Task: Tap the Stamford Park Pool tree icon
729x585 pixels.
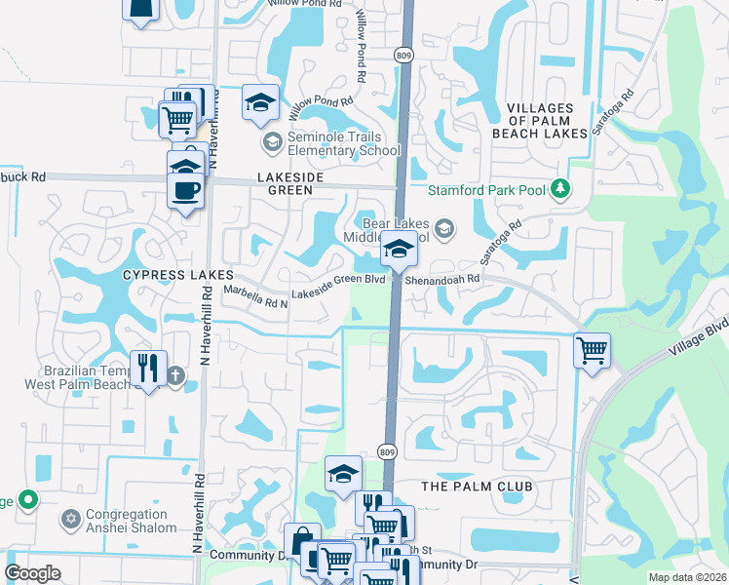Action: click(560, 188)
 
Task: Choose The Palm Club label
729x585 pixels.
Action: click(477, 486)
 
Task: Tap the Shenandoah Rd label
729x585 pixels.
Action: click(443, 278)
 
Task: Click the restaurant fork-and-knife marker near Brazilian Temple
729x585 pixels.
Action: click(148, 368)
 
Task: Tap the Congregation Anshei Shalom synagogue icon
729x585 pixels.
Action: click(69, 518)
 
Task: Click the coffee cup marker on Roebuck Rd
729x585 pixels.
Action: click(185, 190)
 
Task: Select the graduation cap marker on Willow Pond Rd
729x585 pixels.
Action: click(260, 101)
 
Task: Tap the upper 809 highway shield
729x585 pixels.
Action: click(403, 54)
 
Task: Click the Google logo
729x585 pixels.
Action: click(32, 573)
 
